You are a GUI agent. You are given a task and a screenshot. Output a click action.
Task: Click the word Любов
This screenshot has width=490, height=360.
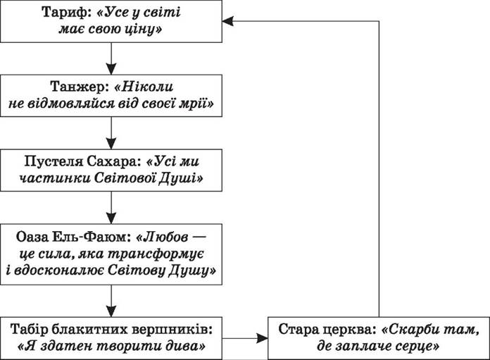point(166,237)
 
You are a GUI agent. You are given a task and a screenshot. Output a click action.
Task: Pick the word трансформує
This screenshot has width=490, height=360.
point(156,254)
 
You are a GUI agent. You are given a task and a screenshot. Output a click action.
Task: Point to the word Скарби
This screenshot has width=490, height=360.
point(410,330)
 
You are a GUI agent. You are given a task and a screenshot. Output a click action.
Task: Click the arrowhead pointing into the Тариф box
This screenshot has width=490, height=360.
point(227,21)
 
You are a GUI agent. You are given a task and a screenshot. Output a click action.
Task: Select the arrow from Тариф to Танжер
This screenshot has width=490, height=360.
point(111,58)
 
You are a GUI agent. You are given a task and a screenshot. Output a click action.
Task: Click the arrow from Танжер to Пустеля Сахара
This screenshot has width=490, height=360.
point(111,133)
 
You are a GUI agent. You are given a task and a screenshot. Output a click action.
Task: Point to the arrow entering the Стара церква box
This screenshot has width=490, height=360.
point(245,338)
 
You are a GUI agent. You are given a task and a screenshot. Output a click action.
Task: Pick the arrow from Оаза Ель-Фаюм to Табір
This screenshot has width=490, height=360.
point(111,301)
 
